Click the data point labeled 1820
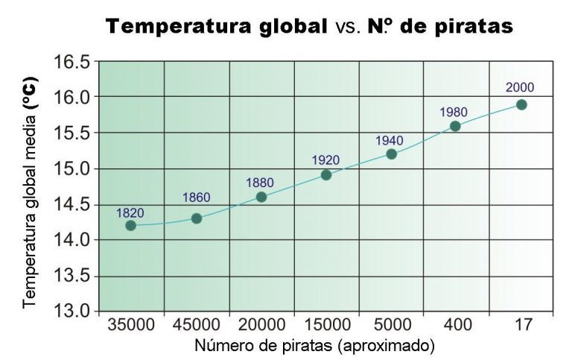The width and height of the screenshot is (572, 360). (x=131, y=225)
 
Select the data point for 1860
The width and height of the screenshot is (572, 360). (x=197, y=218)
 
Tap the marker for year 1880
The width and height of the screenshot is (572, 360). (x=261, y=197)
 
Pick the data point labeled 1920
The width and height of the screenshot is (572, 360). (x=326, y=175)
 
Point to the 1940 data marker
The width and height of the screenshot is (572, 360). (x=392, y=154)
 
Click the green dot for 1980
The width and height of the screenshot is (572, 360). (x=456, y=126)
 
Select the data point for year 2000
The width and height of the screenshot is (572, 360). (x=521, y=104)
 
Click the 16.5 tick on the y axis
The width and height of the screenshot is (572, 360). (x=71, y=61)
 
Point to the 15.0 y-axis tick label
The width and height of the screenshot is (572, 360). (x=71, y=168)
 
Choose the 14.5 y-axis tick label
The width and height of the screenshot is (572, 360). (x=71, y=204)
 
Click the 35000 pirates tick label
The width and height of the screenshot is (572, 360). (x=131, y=326)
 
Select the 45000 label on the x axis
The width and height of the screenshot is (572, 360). (x=197, y=326)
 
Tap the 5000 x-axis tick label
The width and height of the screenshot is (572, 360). (x=392, y=326)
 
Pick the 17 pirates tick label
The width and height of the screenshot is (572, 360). (x=521, y=326)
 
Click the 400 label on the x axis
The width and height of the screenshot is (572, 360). (x=456, y=326)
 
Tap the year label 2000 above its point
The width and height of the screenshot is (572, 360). (x=520, y=87)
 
